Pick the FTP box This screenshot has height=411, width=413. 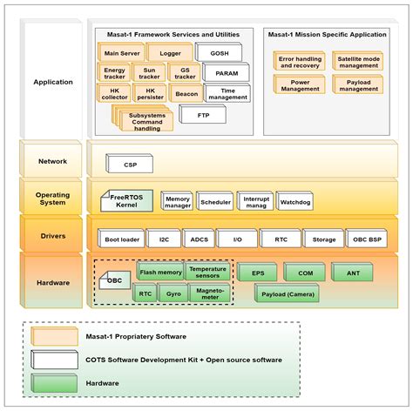point(202,115)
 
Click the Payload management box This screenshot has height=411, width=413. point(358,84)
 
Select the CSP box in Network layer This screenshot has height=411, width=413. point(131,162)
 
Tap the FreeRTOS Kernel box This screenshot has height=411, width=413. point(129,200)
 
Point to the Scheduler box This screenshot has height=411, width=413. point(216,200)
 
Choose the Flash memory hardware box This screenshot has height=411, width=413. point(160,273)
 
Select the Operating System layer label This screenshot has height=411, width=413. point(52,200)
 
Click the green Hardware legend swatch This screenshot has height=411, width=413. point(52,381)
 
